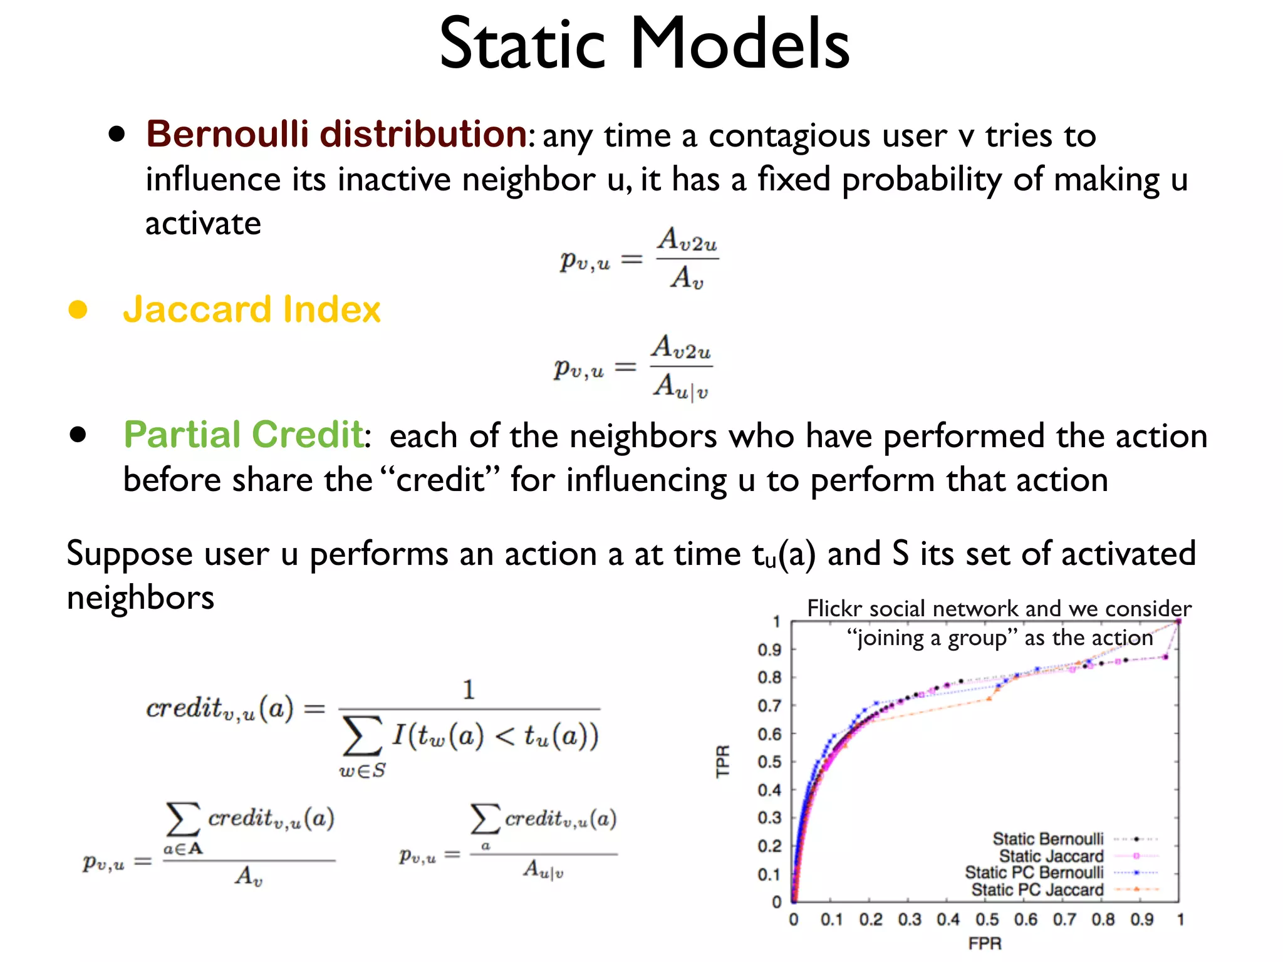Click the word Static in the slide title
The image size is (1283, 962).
522,44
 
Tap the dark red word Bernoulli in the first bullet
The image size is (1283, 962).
227,134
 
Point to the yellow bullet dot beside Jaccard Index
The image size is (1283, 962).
78,309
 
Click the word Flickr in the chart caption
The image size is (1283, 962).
834,608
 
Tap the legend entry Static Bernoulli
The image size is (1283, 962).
1048,839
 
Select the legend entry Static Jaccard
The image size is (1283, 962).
1051,856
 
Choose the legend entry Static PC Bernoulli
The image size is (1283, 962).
1034,872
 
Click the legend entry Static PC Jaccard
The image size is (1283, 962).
1037,889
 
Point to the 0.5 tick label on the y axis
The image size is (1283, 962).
769,762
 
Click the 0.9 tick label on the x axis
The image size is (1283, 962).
1142,919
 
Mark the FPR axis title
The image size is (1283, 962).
985,943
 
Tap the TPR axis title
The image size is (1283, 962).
723,761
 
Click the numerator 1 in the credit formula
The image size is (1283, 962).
469,690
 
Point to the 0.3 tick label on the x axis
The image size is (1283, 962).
910,919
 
